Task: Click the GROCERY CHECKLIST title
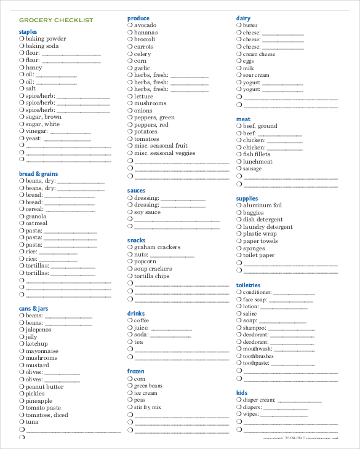[x=56, y=20]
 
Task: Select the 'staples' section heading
[x=28, y=31]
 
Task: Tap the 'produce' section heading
[x=138, y=18]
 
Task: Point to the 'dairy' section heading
[x=243, y=18]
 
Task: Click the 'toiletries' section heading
[x=249, y=285]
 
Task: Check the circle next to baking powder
[x=22, y=39]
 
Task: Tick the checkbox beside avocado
[x=130, y=25]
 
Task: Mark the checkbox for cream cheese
[x=239, y=54]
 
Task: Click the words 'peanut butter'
[x=44, y=387]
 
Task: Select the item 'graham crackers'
[x=157, y=247]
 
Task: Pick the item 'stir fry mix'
[x=147, y=407]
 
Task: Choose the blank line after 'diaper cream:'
[x=300, y=401]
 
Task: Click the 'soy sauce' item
[x=147, y=212]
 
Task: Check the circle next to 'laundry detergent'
[x=239, y=227]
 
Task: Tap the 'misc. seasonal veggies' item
[x=164, y=153]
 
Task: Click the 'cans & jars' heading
[x=33, y=308]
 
